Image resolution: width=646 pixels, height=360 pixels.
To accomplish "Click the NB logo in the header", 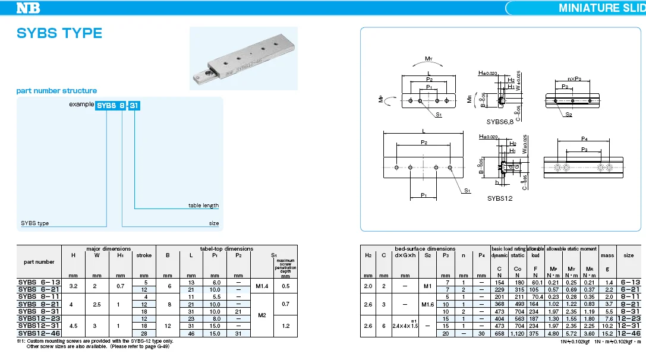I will click(29, 8).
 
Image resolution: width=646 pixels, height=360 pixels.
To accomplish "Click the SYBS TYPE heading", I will click(59, 33).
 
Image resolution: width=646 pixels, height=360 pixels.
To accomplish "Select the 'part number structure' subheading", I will click(56, 91).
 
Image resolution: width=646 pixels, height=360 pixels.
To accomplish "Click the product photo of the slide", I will click(242, 57).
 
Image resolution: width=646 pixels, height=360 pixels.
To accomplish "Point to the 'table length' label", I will click(203, 206).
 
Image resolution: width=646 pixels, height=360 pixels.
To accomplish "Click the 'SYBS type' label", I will click(35, 223).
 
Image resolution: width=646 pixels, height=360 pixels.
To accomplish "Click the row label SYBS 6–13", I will click(39, 282).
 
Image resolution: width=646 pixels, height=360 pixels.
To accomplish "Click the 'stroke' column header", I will click(144, 255).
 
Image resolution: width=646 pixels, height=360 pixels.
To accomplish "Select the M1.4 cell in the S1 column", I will click(262, 286).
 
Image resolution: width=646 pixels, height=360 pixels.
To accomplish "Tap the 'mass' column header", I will click(607, 255).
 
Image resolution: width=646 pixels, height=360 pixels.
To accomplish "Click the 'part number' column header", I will click(39, 261).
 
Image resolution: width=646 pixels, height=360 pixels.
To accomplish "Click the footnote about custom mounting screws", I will click(95, 341).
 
